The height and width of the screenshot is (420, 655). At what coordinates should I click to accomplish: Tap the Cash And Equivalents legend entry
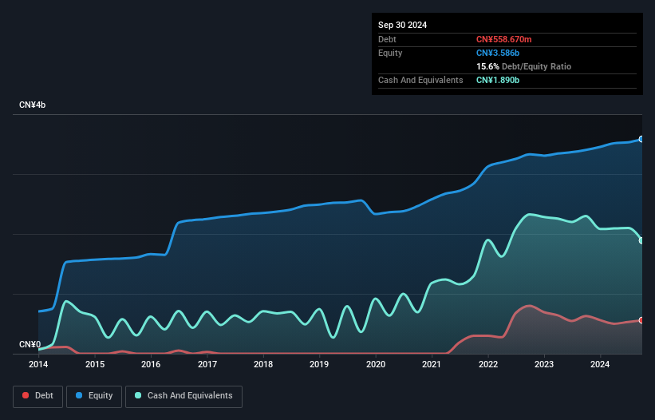(x=183, y=395)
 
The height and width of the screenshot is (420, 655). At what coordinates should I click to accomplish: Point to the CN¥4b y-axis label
(x=33, y=105)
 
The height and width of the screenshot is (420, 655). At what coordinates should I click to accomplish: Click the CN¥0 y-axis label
(x=30, y=345)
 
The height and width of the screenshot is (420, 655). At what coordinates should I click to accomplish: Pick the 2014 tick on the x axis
(x=38, y=365)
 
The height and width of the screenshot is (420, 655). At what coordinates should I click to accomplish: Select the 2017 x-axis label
(x=207, y=365)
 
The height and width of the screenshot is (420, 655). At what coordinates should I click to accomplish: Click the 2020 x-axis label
(x=376, y=365)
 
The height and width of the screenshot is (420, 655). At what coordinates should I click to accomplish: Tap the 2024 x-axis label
(x=601, y=365)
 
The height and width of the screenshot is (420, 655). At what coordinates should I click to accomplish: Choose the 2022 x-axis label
(x=488, y=365)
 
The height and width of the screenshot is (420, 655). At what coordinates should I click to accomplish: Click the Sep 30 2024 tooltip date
(x=402, y=25)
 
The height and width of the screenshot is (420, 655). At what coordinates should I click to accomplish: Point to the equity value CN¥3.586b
(x=499, y=53)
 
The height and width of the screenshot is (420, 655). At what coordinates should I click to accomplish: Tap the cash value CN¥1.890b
(x=499, y=80)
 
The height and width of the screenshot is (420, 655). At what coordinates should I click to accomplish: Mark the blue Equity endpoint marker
(x=641, y=139)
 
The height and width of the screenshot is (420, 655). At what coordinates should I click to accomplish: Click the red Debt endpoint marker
(x=641, y=320)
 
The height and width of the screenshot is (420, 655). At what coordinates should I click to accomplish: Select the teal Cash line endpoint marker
(x=641, y=240)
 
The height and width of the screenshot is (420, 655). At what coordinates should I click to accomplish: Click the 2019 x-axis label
(x=319, y=365)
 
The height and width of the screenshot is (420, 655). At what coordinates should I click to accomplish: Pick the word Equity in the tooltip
(x=390, y=53)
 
